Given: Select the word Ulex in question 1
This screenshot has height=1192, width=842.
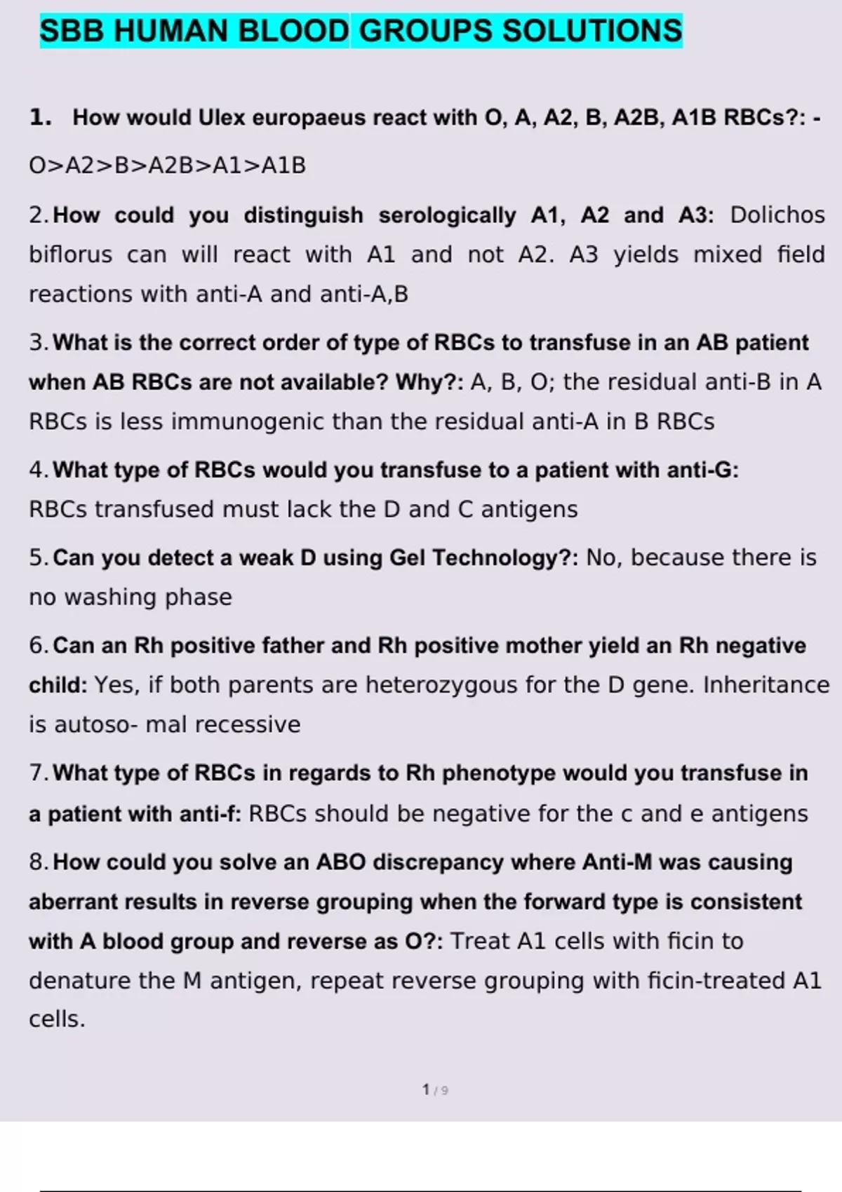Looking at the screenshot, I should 222,117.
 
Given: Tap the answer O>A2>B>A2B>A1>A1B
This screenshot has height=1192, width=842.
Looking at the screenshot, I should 167,165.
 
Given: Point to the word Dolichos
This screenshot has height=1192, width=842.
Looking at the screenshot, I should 777,215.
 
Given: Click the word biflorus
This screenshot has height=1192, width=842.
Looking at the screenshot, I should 70,254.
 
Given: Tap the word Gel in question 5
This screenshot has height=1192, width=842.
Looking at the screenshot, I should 408,557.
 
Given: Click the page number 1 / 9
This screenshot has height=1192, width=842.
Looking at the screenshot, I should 435,1090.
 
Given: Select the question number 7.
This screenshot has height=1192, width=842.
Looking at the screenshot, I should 38,773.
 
